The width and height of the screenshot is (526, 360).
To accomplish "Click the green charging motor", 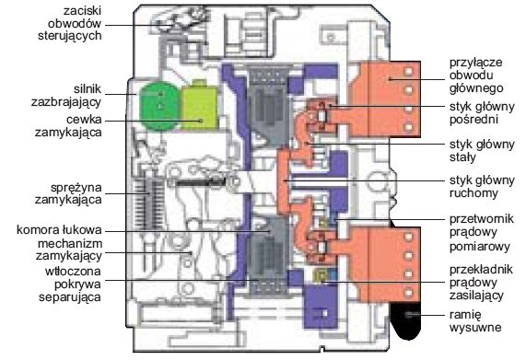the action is pos(159,106).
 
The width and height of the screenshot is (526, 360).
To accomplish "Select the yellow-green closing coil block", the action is pos(199,107).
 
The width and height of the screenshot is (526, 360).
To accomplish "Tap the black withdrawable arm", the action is pos(406,320).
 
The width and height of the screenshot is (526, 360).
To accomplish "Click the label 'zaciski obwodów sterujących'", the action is pos(70,23).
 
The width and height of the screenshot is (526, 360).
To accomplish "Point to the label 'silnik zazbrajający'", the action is pos(66,95).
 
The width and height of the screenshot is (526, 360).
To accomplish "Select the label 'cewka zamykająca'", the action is pos(68,126).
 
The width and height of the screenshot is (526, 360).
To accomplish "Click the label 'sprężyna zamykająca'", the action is pos(68,193).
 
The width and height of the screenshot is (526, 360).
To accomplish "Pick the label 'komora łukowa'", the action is pos(59,230).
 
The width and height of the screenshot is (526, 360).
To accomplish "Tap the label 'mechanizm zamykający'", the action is pos(69,250).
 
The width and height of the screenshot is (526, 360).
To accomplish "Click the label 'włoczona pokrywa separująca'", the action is pos(70,284).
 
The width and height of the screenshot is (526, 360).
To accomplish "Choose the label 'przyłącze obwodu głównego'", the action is pos(476,75).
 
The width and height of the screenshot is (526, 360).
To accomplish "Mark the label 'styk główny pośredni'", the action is pos(482,113).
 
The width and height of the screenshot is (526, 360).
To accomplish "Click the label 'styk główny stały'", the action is pos(482,150).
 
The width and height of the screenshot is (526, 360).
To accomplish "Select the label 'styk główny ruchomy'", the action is pos(482,186).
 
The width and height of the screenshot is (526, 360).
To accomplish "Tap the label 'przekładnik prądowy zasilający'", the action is pos(481,283).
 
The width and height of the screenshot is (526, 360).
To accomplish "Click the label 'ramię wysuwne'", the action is pos(475,321).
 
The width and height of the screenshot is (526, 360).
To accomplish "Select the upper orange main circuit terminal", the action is pos(385,99).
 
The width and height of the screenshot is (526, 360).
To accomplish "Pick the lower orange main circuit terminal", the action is pos(385,265).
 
